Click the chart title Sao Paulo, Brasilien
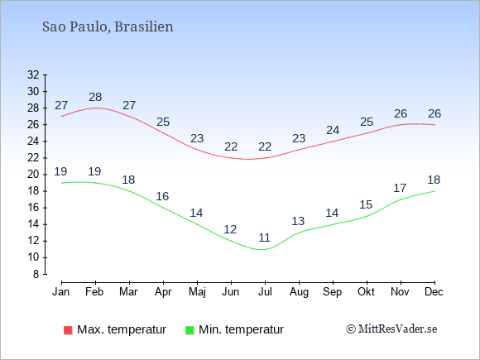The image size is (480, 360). click(x=108, y=26)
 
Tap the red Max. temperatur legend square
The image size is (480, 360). click(x=68, y=330)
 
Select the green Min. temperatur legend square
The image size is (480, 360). click(x=190, y=330)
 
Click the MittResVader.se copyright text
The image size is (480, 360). click(x=391, y=329)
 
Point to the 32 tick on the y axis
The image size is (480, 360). click(x=33, y=74)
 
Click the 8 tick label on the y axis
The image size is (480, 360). click(x=36, y=274)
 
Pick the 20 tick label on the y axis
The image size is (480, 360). click(x=33, y=175)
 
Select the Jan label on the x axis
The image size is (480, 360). click(x=61, y=291)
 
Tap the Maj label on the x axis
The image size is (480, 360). click(x=197, y=292)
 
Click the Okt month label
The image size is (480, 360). click(x=366, y=291)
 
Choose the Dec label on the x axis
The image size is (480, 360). click(x=434, y=291)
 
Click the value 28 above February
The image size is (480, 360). click(x=95, y=97)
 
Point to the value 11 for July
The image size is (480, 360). click(x=265, y=238)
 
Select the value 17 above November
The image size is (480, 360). click(x=400, y=188)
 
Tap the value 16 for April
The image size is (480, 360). click(x=162, y=196)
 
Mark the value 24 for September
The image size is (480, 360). click(x=333, y=130)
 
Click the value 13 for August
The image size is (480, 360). click(x=298, y=221)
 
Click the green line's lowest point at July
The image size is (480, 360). click(x=262, y=249)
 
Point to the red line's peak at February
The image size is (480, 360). click(x=96, y=108)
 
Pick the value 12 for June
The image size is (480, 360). click(x=230, y=229)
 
